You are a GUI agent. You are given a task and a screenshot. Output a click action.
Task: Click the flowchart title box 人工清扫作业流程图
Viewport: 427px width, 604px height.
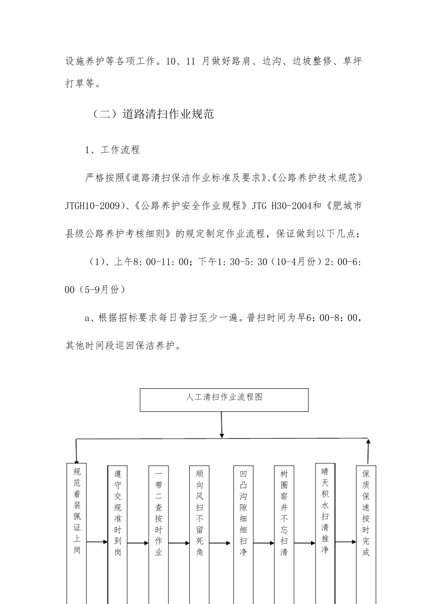224,400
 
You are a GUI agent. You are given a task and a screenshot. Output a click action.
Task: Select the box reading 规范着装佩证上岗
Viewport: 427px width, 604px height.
77,530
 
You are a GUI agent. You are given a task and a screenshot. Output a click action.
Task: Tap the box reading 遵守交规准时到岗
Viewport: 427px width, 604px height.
118,530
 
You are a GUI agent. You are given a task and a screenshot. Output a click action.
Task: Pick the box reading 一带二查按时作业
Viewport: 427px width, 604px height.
159,530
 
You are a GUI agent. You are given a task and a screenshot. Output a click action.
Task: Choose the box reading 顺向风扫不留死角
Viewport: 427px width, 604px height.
200,530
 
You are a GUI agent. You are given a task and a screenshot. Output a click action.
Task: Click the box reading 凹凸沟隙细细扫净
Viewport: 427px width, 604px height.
243,530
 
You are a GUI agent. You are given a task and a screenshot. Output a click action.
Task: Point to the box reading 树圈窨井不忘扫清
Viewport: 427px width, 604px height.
284,530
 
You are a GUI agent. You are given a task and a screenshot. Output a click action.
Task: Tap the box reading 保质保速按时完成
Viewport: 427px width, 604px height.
366,530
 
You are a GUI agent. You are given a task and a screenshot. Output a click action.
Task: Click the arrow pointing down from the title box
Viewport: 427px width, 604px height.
221,425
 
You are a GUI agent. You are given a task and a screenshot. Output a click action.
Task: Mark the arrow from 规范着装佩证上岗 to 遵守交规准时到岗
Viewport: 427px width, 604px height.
97,542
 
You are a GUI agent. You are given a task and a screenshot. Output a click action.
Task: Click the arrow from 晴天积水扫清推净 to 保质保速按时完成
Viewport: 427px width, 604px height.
346,542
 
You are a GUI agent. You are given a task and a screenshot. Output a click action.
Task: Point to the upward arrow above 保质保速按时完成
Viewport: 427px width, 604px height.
369,452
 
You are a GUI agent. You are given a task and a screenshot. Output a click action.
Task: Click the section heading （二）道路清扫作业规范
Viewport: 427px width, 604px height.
152,114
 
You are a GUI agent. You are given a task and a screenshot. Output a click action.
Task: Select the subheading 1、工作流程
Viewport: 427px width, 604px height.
112,150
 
